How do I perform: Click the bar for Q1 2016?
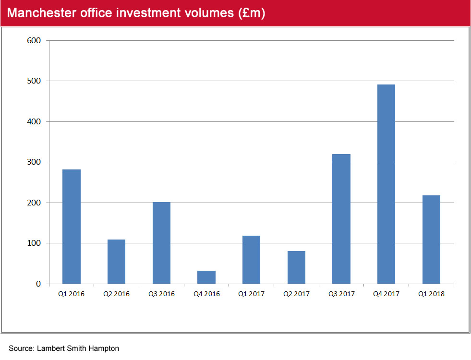click(x=72, y=227)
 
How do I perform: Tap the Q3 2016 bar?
click(x=161, y=243)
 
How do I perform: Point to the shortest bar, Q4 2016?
click(x=206, y=277)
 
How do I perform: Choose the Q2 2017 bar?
click(x=296, y=267)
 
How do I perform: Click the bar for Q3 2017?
click(x=341, y=219)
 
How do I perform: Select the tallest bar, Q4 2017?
click(x=386, y=184)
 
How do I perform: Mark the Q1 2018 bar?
click(x=431, y=240)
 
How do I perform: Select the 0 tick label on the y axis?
click(x=39, y=284)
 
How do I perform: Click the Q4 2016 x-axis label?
click(x=206, y=294)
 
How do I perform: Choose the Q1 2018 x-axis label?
click(x=431, y=294)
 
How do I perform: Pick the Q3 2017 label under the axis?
click(x=341, y=294)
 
